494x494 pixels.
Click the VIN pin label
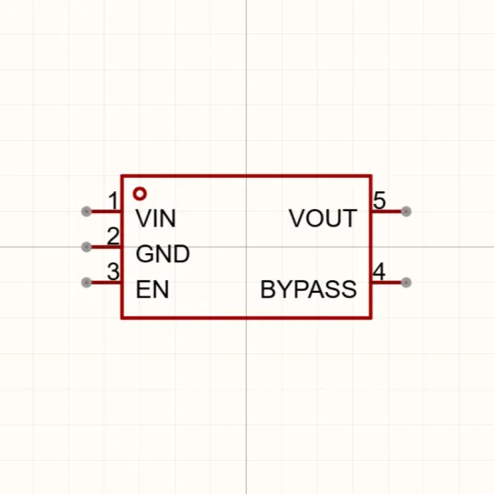point(155,218)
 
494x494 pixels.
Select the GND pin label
point(163,254)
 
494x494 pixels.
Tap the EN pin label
point(152,289)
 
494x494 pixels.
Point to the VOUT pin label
point(323,218)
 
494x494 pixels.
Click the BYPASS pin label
point(309,289)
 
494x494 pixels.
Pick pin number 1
point(113,200)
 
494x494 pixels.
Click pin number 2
point(113,236)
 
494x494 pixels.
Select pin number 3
point(113,271)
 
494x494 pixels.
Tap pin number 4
point(379,271)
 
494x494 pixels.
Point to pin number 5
point(379,200)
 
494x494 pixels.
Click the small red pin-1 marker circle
point(139,194)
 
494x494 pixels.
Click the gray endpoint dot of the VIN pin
point(86,211)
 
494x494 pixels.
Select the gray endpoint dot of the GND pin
point(86,247)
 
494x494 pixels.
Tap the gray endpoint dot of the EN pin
point(86,282)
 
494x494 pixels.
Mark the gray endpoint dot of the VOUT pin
point(406,211)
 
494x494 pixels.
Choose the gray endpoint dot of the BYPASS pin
point(406,282)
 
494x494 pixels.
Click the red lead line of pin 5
point(387,211)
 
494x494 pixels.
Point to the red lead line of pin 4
point(387,282)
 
